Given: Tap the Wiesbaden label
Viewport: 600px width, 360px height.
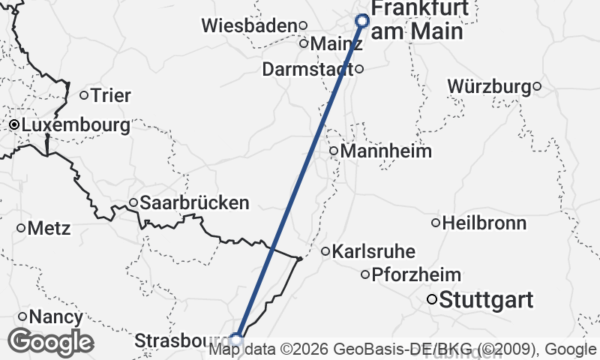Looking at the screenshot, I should [x=250, y=25].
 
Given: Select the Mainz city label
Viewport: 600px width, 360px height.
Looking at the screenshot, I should [x=336, y=43].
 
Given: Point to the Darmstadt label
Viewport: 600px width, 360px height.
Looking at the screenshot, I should [x=307, y=69].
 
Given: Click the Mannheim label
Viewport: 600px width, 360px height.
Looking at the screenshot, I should [x=386, y=151].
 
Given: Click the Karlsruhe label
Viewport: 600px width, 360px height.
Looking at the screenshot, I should [x=373, y=251].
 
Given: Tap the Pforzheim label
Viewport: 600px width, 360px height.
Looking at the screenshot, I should [x=416, y=274].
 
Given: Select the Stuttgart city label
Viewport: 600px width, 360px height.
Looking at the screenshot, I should [x=486, y=301].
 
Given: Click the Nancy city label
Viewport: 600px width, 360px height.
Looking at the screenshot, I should [x=55, y=317].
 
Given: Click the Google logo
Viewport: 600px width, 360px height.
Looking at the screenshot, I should [x=50, y=342].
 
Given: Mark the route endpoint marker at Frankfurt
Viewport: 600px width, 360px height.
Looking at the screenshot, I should [x=363, y=21].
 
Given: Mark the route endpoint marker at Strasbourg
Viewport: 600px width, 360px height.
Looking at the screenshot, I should [x=236, y=340].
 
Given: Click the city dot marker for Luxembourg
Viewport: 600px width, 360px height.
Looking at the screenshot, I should [x=13, y=124].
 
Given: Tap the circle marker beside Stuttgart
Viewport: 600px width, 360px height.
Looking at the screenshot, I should [x=432, y=300].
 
